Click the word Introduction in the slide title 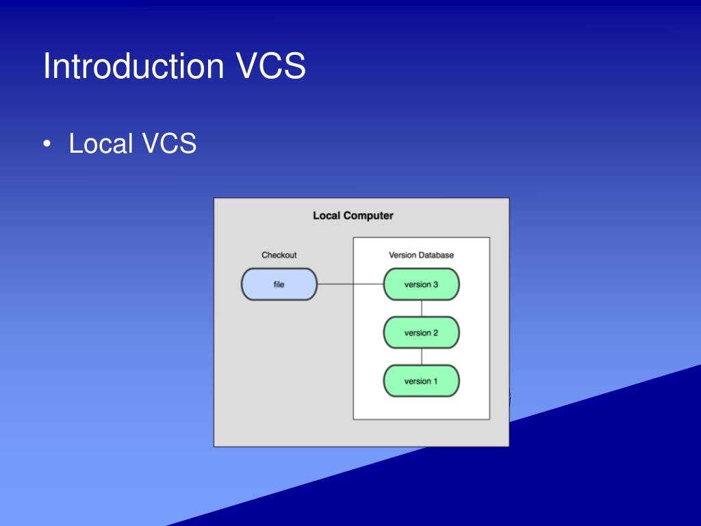pos(134,67)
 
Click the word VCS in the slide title pos(271,67)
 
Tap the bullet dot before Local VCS pos(47,144)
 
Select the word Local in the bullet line pos(101,144)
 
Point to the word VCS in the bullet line pos(169,144)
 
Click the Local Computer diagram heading pos(353,216)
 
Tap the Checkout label pos(279,255)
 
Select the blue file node pos(279,284)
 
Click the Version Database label pos(421,255)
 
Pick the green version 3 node pos(421,284)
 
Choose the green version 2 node pos(421,333)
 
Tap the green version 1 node pos(421,381)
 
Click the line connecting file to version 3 pos(350,284)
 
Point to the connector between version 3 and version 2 pos(422,308)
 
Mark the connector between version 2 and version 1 pos(422,357)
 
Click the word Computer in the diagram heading pos(368,216)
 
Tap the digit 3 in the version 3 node pos(435,284)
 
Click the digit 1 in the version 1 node pos(435,381)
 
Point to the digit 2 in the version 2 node pos(435,333)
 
